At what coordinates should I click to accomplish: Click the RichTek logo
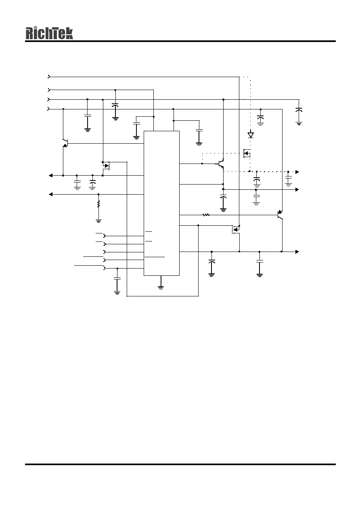point(49,33)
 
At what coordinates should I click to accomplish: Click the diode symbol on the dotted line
point(251,135)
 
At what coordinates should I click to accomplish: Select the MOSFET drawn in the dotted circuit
point(247,153)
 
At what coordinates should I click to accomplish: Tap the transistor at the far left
point(65,143)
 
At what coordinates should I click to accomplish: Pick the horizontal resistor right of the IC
point(206,215)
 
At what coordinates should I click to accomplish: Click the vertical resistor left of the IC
point(98,204)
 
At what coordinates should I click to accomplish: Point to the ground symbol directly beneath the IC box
point(161,288)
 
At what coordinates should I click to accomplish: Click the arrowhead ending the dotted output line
point(297,172)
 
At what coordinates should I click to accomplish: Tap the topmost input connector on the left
point(49,77)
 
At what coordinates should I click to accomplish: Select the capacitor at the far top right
point(299,110)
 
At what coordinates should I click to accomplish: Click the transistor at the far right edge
point(280,215)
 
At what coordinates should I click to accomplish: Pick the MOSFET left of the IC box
point(106,166)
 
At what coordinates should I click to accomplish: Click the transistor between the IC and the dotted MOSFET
point(221,164)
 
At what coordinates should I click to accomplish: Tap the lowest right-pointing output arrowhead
point(297,252)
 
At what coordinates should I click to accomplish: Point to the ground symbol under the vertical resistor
point(98,220)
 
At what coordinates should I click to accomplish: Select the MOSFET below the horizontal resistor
point(236,229)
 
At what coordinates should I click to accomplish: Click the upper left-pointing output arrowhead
point(51,175)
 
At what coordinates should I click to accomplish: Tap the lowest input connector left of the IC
point(105,268)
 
